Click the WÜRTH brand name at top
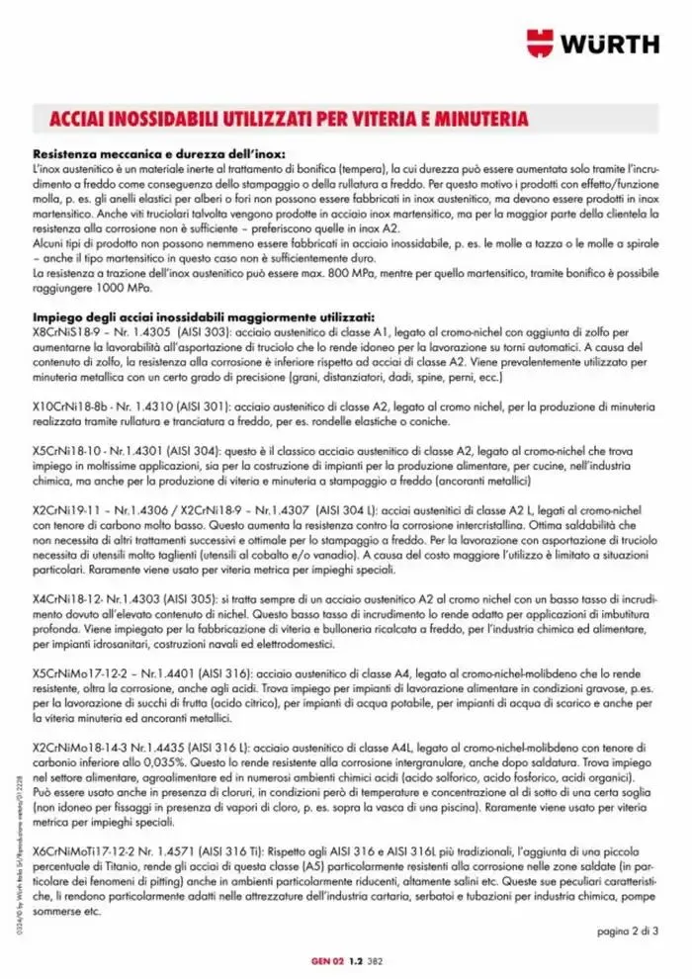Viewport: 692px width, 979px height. coord(611,44)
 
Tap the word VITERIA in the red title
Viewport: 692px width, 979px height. coord(365,120)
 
